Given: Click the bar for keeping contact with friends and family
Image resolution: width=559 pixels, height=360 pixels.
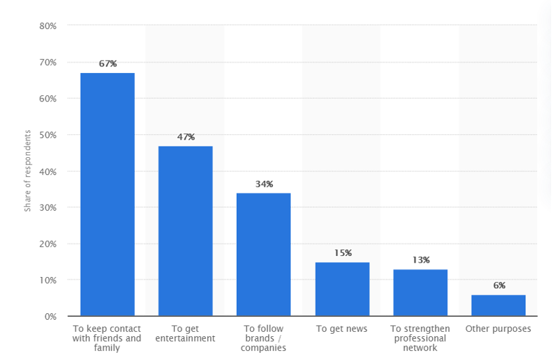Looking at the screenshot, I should (107, 194).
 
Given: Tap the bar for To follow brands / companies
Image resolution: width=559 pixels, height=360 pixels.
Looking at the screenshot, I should (264, 254).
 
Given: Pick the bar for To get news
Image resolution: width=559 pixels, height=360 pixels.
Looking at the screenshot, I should (342, 289).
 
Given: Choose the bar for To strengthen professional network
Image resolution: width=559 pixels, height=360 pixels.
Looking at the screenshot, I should (420, 292).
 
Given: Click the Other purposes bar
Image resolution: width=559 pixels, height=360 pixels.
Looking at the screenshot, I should (498, 305).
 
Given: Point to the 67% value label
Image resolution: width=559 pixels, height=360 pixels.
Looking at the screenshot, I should (108, 64).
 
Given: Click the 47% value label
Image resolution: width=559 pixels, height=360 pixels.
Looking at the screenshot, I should (186, 137).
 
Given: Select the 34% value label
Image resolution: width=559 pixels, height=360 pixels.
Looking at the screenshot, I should (264, 184).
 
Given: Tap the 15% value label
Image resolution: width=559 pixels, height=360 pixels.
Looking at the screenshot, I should (343, 253).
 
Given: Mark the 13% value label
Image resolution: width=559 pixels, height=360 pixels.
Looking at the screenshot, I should (421, 260).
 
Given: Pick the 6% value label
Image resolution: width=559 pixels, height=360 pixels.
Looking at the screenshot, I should (499, 286).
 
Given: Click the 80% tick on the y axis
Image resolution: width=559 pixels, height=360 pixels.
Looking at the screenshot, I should (48, 26).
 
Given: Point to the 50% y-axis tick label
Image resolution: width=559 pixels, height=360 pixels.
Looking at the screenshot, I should (48, 135).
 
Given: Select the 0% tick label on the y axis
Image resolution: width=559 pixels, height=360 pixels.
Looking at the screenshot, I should (51, 317).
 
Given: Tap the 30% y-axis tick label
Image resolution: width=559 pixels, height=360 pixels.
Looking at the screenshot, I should (48, 207).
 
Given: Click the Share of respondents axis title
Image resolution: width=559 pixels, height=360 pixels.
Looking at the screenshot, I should (28, 171).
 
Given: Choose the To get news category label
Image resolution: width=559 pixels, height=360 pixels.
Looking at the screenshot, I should (342, 328).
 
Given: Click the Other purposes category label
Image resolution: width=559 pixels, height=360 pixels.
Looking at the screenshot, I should (498, 328).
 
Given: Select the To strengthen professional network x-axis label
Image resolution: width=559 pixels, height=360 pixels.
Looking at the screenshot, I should (420, 338).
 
